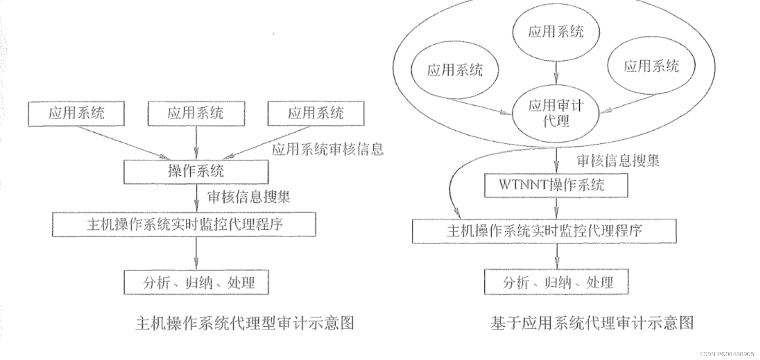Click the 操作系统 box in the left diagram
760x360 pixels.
point(196,171)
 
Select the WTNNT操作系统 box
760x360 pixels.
point(556,185)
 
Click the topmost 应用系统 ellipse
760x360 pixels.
point(556,32)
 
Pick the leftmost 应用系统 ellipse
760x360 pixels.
point(455,70)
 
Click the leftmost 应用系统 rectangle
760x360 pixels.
point(76,114)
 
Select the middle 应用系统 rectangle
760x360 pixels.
point(196,114)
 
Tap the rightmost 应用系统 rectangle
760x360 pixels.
point(316,114)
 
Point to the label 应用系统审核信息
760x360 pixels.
point(328,149)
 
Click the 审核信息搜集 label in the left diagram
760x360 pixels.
point(248,196)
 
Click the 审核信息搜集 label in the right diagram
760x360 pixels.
point(618,161)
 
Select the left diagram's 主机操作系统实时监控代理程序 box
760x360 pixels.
point(184,224)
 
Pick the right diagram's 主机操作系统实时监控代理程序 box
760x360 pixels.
point(544,231)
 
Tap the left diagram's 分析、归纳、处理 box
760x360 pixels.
point(196,282)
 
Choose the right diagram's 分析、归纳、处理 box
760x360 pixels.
point(556,282)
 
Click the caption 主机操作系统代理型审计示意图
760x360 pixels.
point(244,323)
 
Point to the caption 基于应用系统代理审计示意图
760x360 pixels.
point(592,323)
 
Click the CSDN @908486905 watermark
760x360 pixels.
point(727,354)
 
